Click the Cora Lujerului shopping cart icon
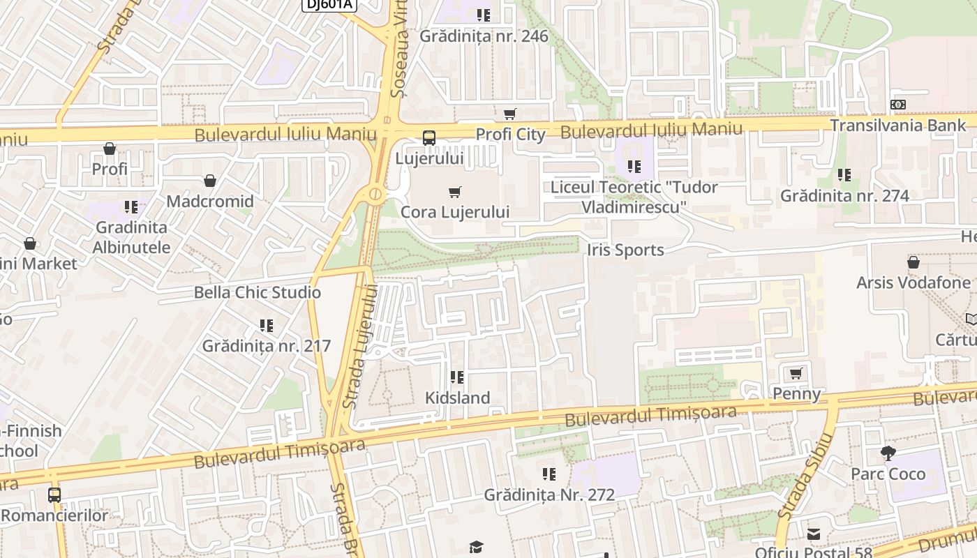pyautogui.click(x=455, y=192)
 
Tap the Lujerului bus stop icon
pyautogui.click(x=428, y=138)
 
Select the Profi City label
pyautogui.click(x=510, y=134)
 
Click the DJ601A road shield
pyautogui.click(x=329, y=4)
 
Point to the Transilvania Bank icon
pyautogui.click(x=898, y=105)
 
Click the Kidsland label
pyautogui.click(x=457, y=398)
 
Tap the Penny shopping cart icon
pyautogui.click(x=796, y=374)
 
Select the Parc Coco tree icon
pyautogui.click(x=888, y=453)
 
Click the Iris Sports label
pyautogui.click(x=625, y=250)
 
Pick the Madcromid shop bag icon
pyautogui.click(x=210, y=181)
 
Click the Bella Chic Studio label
pyautogui.click(x=257, y=292)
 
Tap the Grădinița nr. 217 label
pyautogui.click(x=266, y=346)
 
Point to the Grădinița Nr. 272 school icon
pyautogui.click(x=549, y=474)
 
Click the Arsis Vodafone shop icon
pyautogui.click(x=913, y=262)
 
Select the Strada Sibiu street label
pyautogui.click(x=806, y=476)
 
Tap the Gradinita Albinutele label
pyautogui.click(x=131, y=237)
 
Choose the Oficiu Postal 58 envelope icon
pyautogui.click(x=814, y=534)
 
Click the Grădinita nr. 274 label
pyautogui.click(x=844, y=195)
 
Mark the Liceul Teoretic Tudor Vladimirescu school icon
pyautogui.click(x=634, y=167)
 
